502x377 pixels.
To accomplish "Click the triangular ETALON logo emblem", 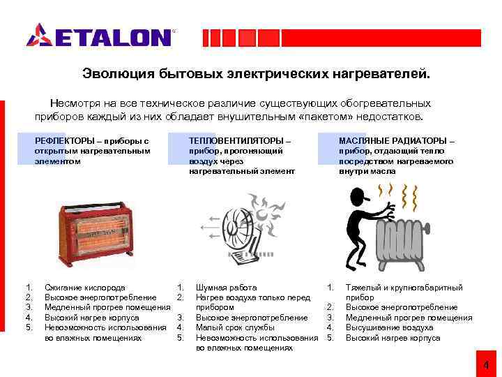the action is tap(40, 35).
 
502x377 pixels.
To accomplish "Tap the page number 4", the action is tap(487, 365).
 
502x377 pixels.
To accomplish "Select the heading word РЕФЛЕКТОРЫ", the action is tap(65, 141).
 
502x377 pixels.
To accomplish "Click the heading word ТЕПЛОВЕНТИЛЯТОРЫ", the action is tap(236, 141).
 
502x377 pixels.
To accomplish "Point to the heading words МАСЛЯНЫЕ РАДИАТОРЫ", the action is tap(393, 141).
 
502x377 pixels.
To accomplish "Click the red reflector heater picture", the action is tap(95, 234).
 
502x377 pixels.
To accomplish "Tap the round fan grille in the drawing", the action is tap(238, 227).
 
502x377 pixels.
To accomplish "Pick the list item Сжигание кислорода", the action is tap(85, 288).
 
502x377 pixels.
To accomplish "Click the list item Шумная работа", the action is tap(227, 288).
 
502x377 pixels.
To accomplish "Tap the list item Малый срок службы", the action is tap(236, 327).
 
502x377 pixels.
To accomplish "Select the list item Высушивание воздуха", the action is tap(389, 327).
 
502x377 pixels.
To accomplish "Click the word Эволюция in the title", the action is tap(118, 74).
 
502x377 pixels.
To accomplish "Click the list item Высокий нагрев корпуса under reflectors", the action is tap(92, 318).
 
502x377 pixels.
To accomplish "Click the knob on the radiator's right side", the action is tap(427, 228).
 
